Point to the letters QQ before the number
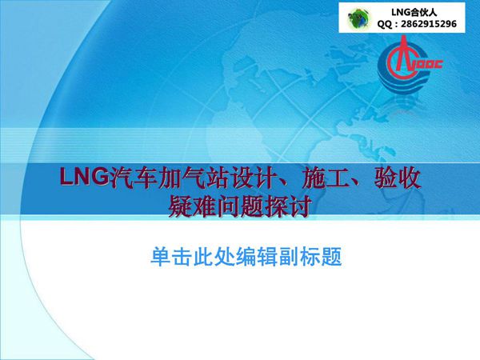pos(386,25)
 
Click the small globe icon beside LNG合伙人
pos(359,18)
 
